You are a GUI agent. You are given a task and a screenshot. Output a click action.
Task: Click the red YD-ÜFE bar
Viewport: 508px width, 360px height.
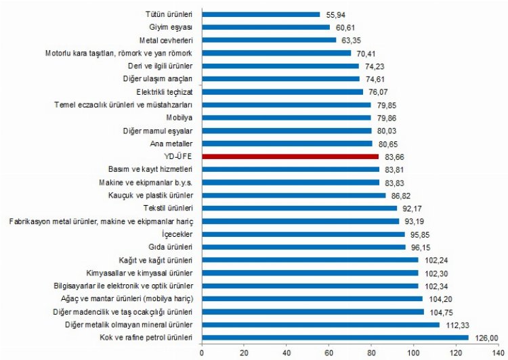tap(290, 156)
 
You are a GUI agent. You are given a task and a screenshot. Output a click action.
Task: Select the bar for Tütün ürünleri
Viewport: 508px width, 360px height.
tap(261, 14)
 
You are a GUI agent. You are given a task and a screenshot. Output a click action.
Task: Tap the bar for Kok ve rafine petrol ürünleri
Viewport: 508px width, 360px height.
tap(335, 336)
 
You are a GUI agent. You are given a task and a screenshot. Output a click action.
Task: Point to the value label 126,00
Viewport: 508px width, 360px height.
tap(484, 336)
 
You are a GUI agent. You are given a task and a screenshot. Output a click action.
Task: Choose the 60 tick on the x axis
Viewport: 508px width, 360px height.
tap(329, 351)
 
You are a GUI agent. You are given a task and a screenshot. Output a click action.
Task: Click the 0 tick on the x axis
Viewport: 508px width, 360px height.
tap(202, 351)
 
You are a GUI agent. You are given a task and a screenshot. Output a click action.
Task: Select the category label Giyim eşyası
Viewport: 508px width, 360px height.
tap(171, 27)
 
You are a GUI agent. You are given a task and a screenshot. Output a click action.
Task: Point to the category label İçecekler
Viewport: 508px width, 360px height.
tap(177, 233)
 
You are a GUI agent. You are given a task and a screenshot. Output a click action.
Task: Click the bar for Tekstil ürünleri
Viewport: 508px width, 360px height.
tap(299, 208)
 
